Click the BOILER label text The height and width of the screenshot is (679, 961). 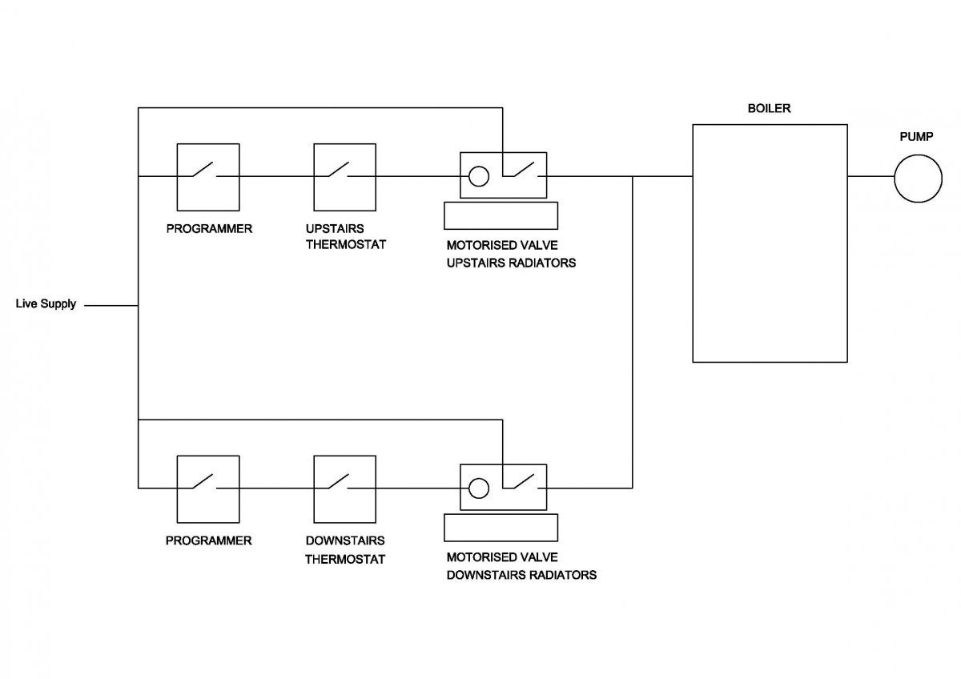769,109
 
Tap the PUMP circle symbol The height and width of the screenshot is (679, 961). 918,155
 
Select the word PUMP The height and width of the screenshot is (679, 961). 916,137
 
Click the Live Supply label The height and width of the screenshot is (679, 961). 46,303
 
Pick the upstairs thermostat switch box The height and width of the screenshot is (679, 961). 314,177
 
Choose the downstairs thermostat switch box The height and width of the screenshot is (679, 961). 314,489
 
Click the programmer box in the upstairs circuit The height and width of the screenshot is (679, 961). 177,177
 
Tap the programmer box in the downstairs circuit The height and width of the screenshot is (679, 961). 177,489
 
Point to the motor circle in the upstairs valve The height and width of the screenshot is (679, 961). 479,167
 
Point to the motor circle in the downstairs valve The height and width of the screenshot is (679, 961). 479,479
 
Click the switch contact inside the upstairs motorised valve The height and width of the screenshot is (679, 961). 524,170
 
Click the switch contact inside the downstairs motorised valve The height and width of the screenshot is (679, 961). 524,481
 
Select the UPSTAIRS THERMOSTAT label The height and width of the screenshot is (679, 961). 346,236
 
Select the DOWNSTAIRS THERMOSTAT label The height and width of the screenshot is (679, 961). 345,550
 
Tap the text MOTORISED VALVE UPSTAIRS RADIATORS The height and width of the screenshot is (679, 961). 511,254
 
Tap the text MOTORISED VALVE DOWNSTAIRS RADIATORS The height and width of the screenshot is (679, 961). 521,566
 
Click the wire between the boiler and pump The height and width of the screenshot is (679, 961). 871,176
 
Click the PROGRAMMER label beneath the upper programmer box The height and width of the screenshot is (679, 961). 209,229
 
